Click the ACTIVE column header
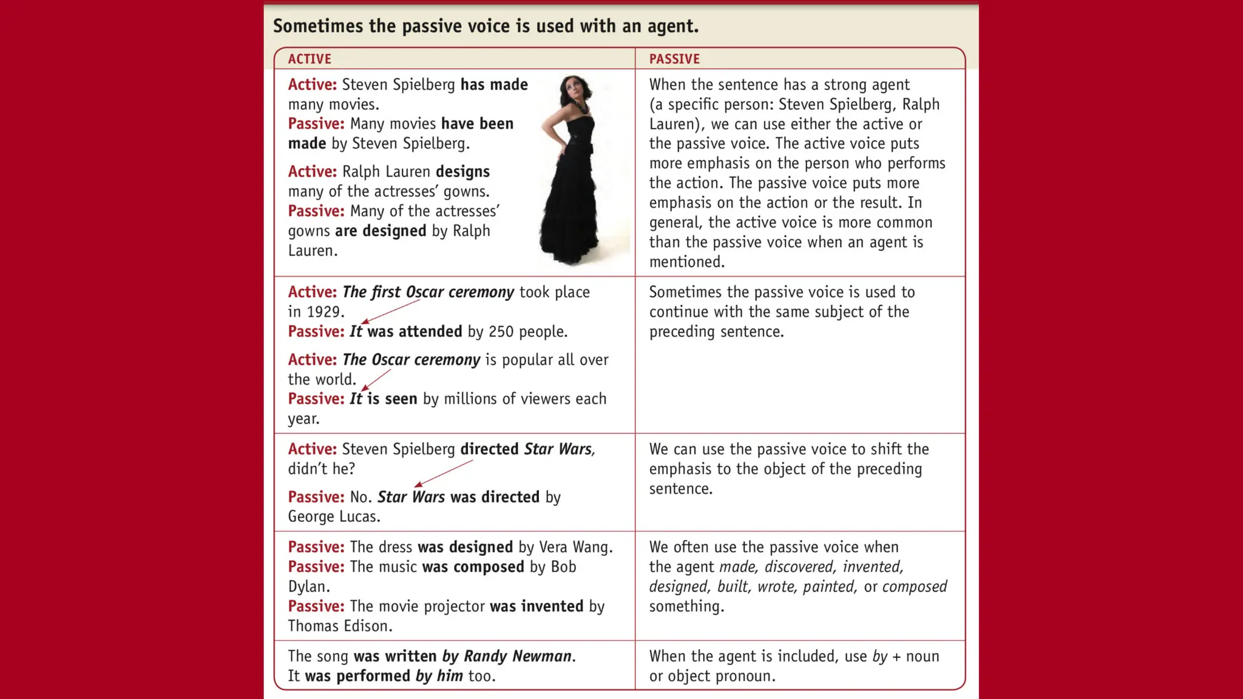point(310,59)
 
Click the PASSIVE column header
point(674,59)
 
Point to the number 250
point(501,332)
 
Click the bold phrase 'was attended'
point(415,332)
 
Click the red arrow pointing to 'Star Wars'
point(442,473)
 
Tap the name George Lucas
point(333,517)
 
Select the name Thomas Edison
point(339,626)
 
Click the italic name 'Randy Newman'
point(517,657)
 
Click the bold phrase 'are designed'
point(381,231)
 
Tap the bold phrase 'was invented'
point(537,607)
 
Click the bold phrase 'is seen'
point(392,399)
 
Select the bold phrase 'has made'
point(494,85)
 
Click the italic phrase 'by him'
point(439,676)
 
